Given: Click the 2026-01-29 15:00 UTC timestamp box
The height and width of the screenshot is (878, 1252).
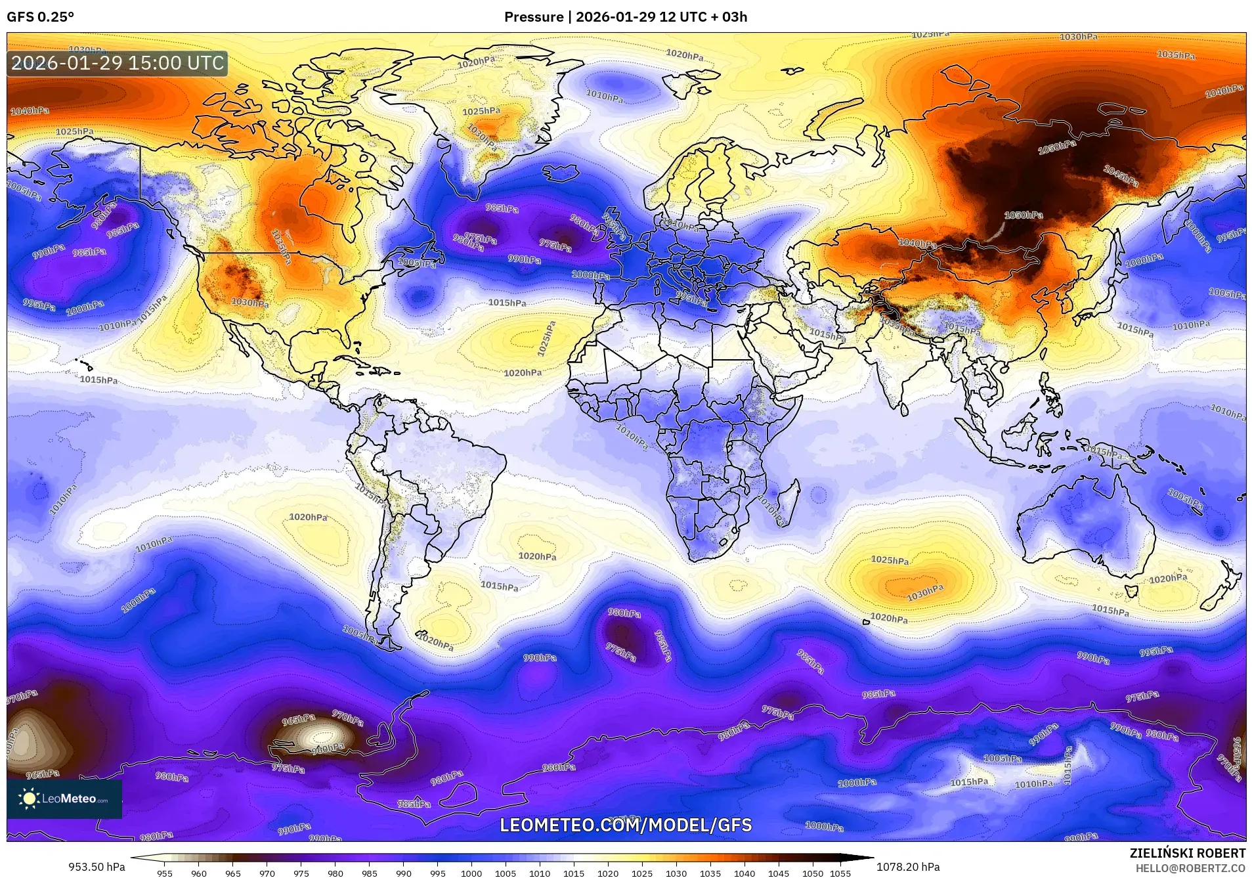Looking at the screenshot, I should (x=118, y=63).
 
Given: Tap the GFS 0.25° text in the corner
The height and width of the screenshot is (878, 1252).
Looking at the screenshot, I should (x=40, y=17).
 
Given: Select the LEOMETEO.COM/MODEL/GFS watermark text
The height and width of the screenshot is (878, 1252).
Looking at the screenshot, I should (x=626, y=825).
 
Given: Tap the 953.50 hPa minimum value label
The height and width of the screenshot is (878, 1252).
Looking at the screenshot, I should (x=97, y=867).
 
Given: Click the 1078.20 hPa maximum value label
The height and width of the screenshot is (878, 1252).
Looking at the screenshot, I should (x=908, y=867).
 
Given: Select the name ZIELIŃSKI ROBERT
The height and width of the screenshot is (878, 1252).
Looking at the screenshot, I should (x=1187, y=854).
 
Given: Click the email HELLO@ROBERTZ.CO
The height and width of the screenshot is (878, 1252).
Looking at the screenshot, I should (x=1190, y=868).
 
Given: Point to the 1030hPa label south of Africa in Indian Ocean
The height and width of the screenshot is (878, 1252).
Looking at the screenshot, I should (x=925, y=594).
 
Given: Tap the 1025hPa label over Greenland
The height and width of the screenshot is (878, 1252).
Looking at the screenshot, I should (x=481, y=112).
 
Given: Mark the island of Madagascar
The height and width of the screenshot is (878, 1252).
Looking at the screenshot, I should (x=790, y=498).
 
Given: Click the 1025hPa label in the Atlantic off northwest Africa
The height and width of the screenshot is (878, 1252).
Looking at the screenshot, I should (x=547, y=338).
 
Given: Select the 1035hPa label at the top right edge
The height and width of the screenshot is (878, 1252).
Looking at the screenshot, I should (x=1176, y=55).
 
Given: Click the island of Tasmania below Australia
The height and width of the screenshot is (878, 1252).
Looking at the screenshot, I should (x=1131, y=591).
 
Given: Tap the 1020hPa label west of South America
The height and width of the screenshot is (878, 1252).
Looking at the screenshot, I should (x=308, y=517).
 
